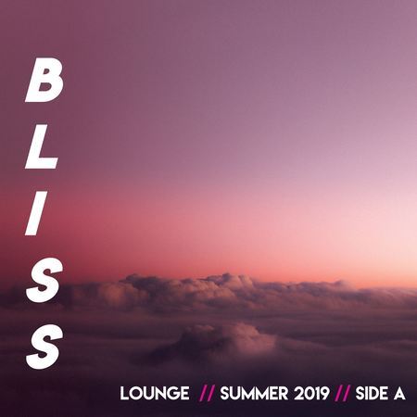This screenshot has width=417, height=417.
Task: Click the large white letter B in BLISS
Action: click(x=44, y=80)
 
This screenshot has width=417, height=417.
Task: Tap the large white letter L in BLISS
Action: click(x=41, y=146)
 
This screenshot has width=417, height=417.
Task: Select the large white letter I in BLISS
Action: click(x=35, y=213)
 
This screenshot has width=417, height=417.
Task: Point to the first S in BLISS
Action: click(x=44, y=280)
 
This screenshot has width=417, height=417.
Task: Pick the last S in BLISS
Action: click(x=44, y=347)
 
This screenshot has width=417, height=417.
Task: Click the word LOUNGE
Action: click(x=155, y=394)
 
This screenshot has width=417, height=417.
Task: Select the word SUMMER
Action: click(x=254, y=394)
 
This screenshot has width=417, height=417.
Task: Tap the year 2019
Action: click(x=311, y=394)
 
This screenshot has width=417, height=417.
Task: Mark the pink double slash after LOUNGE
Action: click(x=207, y=394)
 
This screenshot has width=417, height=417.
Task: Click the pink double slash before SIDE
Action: click(x=343, y=394)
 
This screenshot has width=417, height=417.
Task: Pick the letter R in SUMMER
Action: click(x=283, y=394)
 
